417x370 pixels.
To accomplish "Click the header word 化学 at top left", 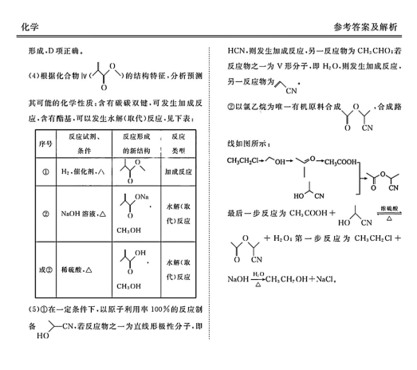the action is click(30, 27).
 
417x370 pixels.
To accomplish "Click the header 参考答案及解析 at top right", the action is click(365, 27).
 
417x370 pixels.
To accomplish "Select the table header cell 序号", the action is click(45, 144).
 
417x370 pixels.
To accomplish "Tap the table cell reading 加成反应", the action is click(178, 171).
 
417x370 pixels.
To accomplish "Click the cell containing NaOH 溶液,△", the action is click(84, 214).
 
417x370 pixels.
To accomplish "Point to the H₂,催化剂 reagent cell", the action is click(83, 171).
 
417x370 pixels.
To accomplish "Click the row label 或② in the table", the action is click(45, 270).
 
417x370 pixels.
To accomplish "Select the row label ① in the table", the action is click(45, 171).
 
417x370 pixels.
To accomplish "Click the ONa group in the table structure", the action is click(142, 197).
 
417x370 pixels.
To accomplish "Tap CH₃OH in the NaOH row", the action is click(128, 230).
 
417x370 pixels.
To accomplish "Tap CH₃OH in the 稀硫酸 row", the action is click(128, 286).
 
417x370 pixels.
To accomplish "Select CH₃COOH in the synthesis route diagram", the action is click(340, 162).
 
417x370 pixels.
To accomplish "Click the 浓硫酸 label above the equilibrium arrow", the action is click(389, 208).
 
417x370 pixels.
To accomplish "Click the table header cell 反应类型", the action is click(178, 144).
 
